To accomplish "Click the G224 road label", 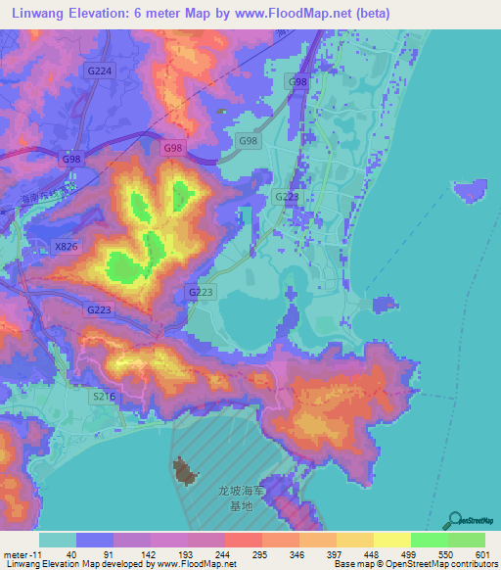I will (x=100, y=71).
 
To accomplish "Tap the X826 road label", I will (x=67, y=247).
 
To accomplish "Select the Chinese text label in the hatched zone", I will (x=240, y=497).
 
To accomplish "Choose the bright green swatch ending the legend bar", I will (x=466, y=540).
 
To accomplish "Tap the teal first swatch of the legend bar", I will (x=58, y=540).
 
